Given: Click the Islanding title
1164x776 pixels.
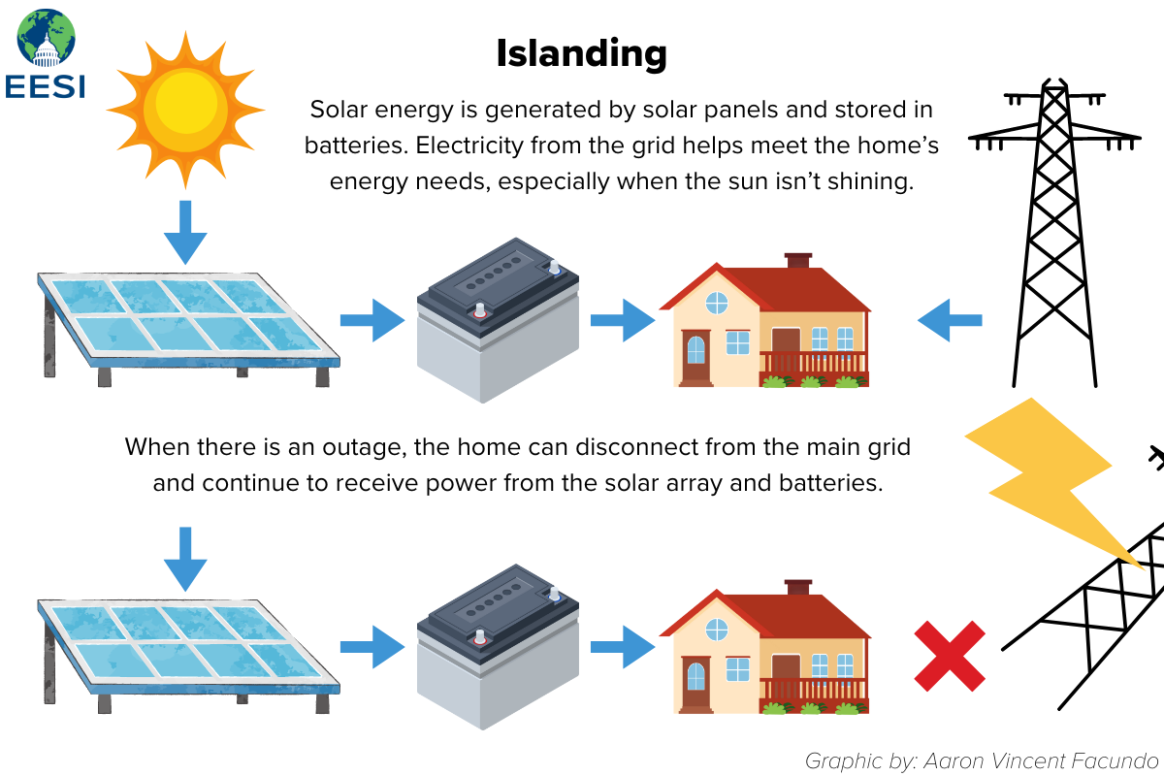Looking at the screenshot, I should click(x=581, y=53).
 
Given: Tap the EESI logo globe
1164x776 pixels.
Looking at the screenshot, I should click(x=46, y=39).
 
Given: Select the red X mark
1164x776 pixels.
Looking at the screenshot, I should click(x=950, y=656).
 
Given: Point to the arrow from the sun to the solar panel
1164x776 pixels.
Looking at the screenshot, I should click(x=185, y=234).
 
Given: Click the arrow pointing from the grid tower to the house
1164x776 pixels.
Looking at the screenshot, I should click(x=950, y=320).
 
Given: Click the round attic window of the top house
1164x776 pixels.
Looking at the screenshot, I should click(x=716, y=303).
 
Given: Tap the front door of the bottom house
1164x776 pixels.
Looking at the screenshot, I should click(x=695, y=687).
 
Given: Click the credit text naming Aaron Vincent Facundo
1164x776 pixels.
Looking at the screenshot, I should click(x=982, y=760).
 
